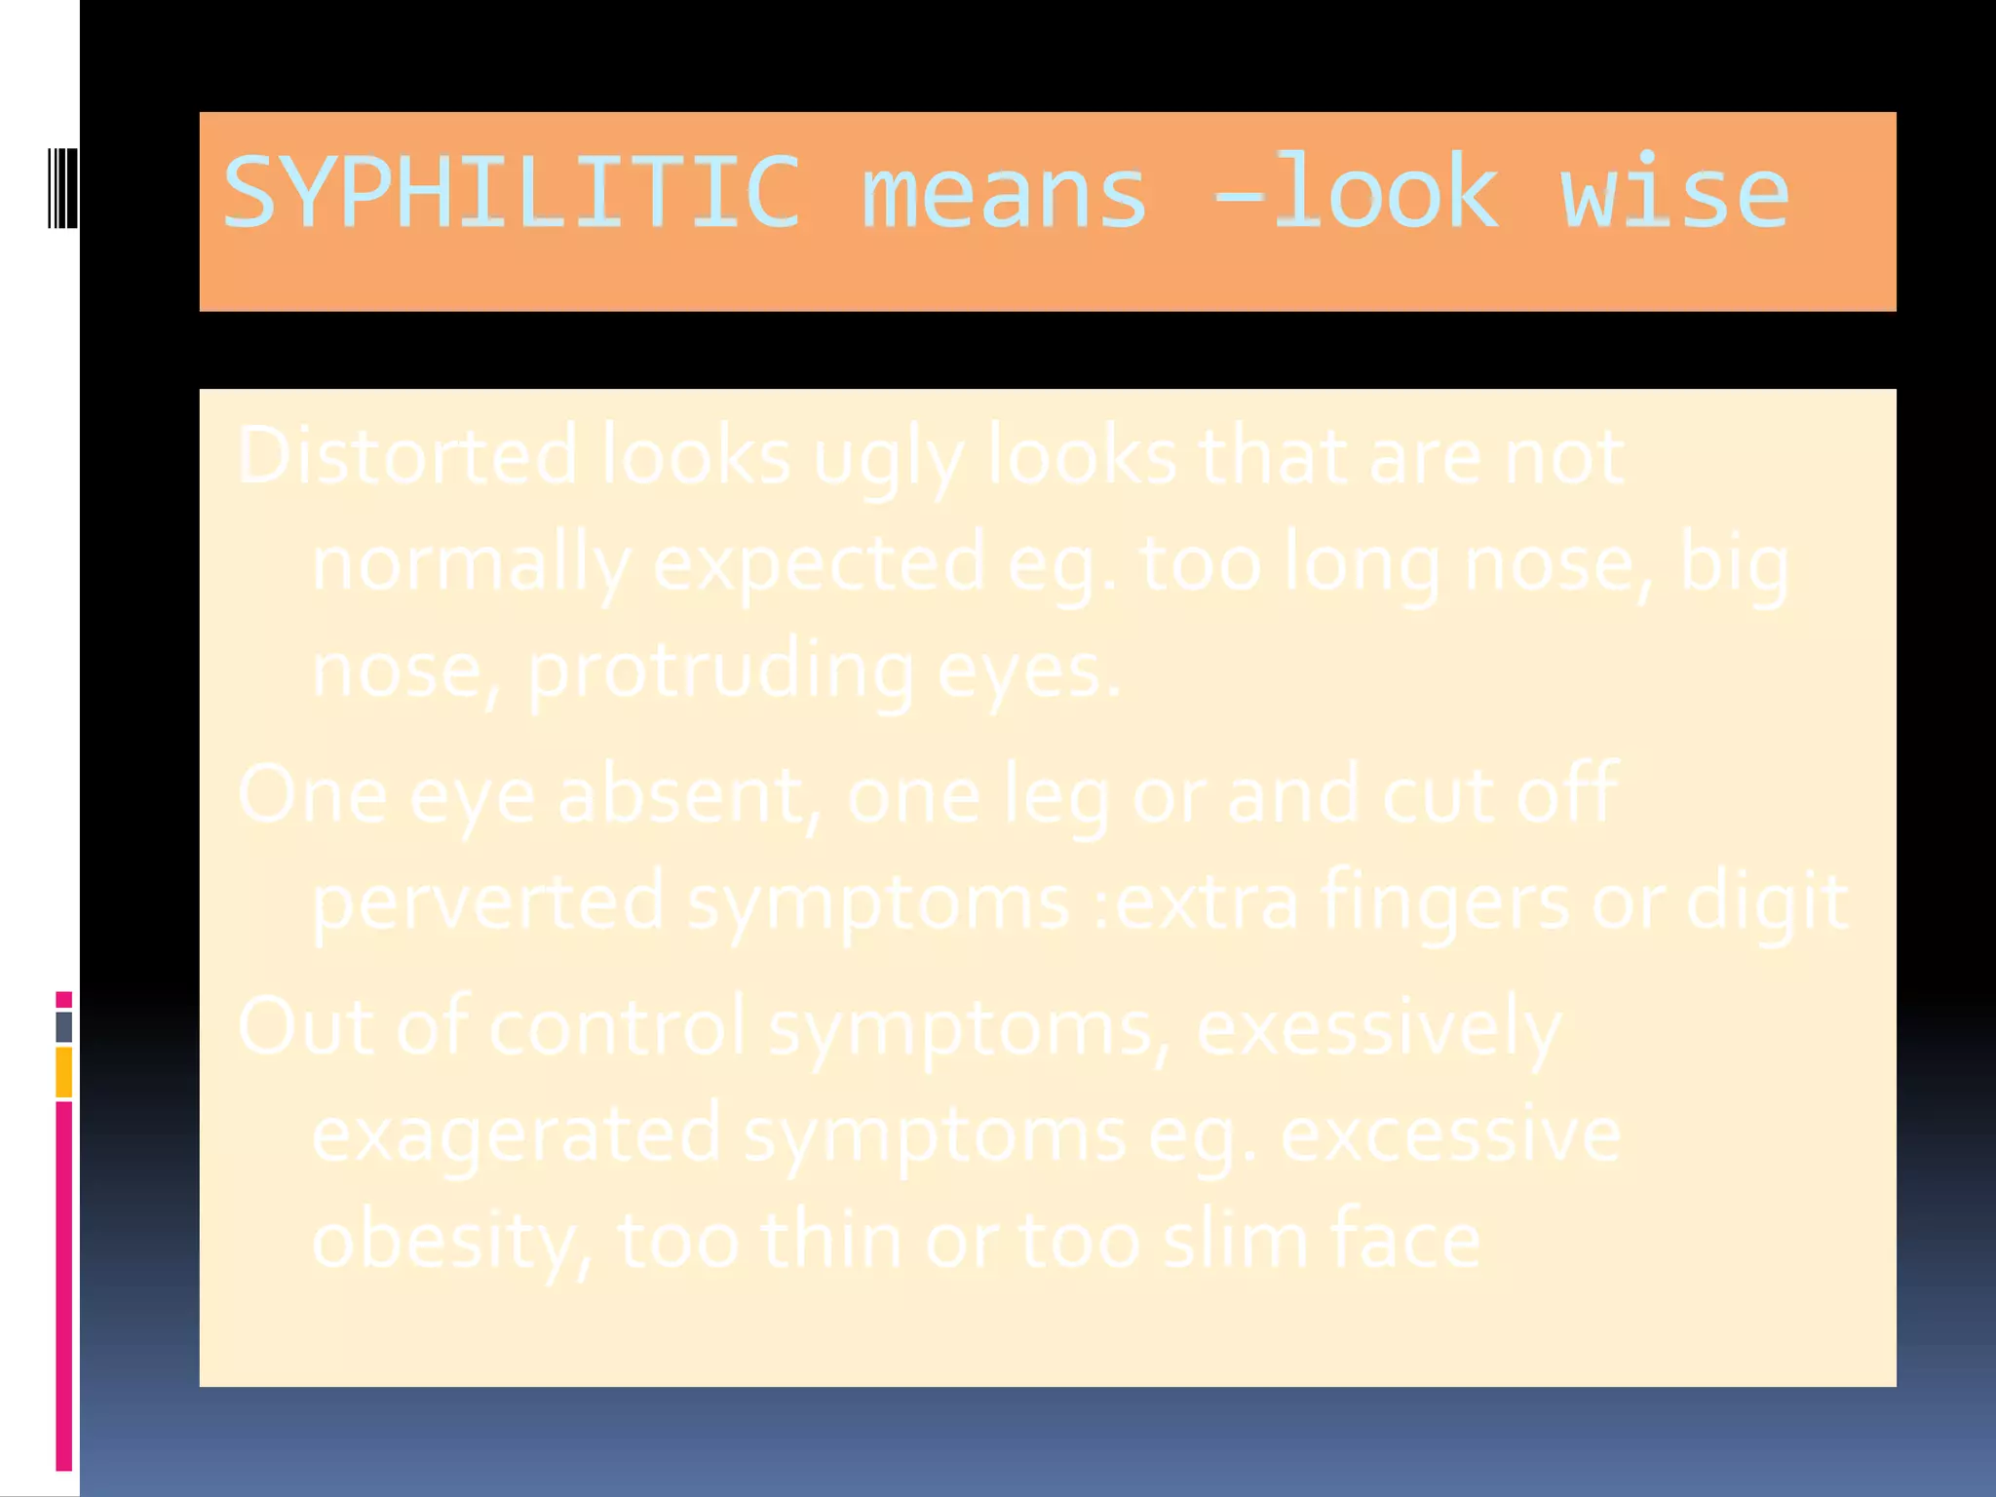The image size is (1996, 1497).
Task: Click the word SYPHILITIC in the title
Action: tap(512, 192)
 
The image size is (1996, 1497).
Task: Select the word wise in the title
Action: tap(1674, 192)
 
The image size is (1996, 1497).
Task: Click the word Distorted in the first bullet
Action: tap(407, 455)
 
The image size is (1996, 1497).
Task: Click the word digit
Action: tap(1766, 902)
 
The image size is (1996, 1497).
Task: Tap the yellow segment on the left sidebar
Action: tap(63, 1072)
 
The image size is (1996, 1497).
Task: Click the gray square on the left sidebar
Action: tap(63, 1026)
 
